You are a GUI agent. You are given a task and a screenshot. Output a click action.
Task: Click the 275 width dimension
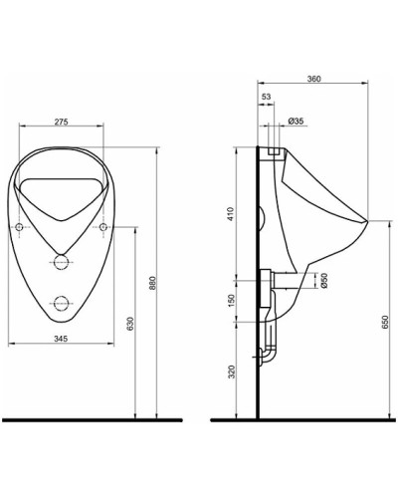click(x=62, y=121)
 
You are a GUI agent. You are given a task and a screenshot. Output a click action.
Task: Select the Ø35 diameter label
click(x=295, y=120)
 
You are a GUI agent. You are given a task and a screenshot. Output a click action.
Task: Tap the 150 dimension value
click(x=231, y=302)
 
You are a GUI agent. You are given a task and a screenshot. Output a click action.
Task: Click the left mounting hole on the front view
click(x=22, y=229)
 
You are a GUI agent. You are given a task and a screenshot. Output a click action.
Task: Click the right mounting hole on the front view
click(x=102, y=229)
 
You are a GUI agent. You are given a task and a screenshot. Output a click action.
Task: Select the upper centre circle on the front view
click(x=62, y=262)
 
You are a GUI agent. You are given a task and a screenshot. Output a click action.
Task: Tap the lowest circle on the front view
click(x=62, y=304)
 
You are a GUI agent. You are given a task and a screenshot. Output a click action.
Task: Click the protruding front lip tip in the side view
click(x=369, y=218)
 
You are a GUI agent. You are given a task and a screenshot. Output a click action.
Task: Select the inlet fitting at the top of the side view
click(x=276, y=150)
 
